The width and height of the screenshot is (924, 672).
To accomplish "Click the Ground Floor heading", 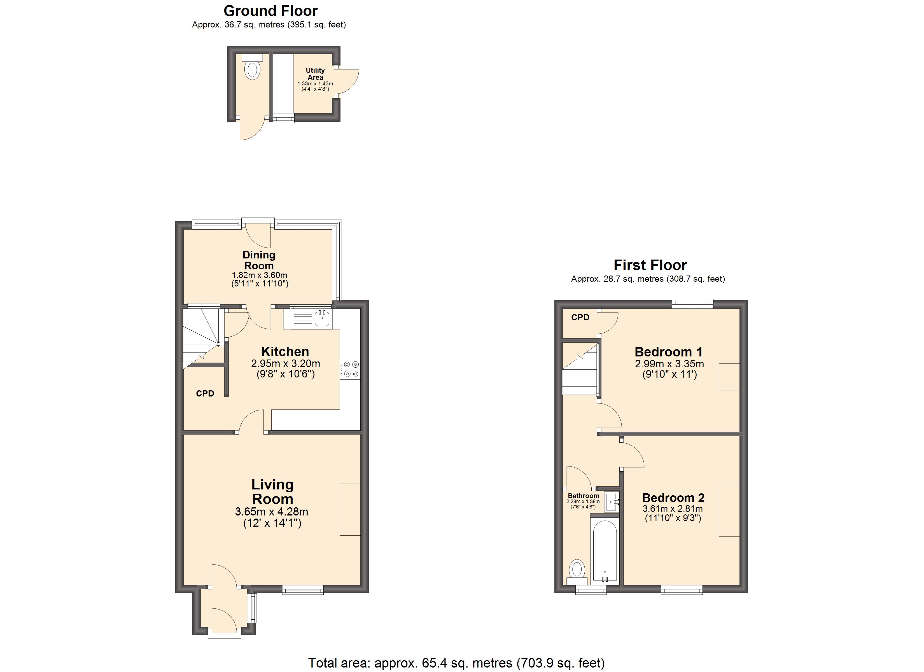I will pos(270,11).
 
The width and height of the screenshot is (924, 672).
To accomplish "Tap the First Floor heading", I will pos(650,265).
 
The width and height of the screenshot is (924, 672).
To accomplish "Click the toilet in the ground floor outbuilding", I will pos(253,70).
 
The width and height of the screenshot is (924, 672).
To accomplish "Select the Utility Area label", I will pos(315,74).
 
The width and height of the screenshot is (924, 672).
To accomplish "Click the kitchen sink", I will pos(322,318).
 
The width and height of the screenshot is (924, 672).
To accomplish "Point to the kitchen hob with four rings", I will pos(350,369).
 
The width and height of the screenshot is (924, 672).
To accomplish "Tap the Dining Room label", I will pos(259,260).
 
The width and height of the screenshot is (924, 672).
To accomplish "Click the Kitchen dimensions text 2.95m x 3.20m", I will pos(285,363).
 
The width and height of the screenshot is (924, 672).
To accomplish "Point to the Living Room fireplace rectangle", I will pos(350,509).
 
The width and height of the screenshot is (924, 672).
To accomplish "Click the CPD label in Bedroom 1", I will pos(580,318).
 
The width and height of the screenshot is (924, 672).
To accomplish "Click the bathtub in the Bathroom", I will pos(605,552).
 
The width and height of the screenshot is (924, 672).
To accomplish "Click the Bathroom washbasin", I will pos(611,502).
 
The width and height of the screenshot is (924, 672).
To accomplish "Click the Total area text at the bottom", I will pos(456,663).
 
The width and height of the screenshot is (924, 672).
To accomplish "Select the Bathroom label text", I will pos(584,496).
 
